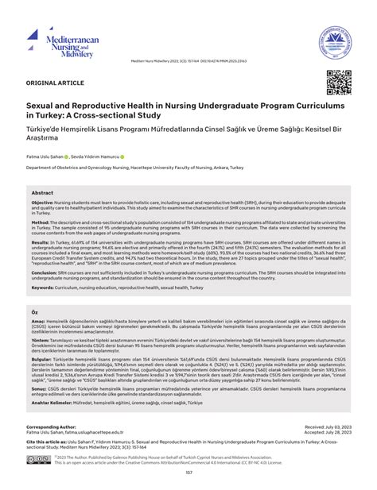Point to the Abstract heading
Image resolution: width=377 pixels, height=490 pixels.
click(x=43, y=193)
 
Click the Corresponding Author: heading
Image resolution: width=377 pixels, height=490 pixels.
click(x=60, y=426)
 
